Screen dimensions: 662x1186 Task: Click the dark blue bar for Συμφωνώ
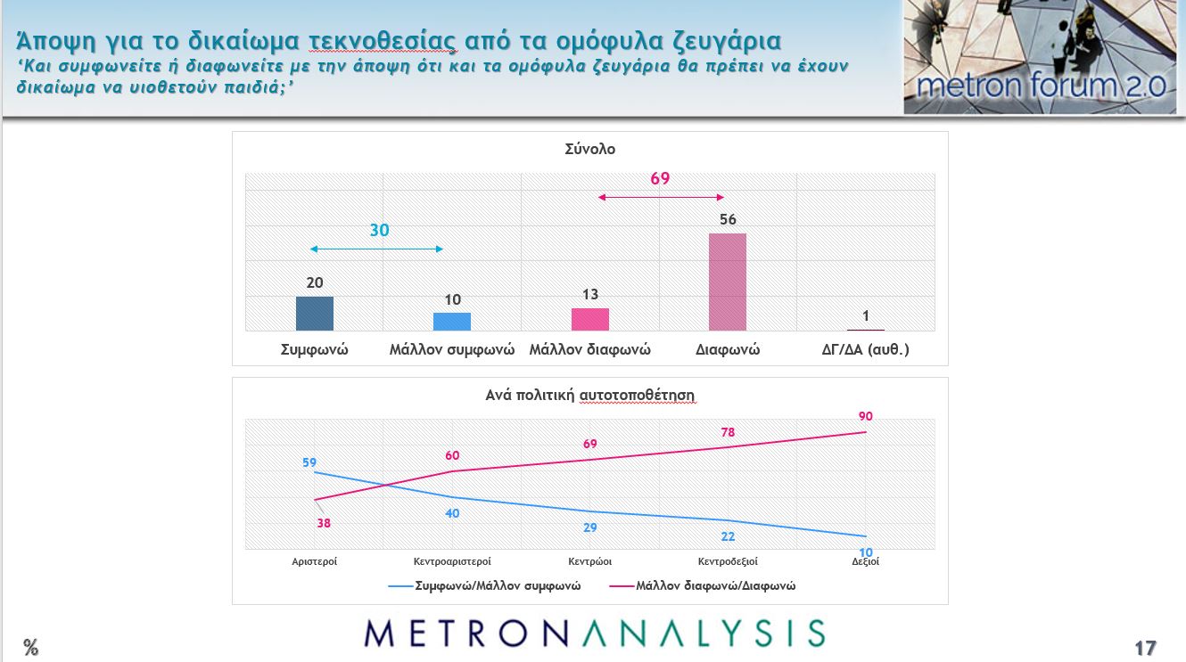(x=315, y=314)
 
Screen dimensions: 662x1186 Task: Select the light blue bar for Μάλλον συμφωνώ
(x=452, y=322)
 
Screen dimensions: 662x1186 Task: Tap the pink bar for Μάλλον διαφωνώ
(x=590, y=319)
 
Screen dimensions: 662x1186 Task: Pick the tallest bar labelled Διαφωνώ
(x=728, y=282)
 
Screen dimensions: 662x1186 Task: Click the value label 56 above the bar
(x=728, y=219)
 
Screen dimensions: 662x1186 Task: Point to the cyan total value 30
(x=380, y=231)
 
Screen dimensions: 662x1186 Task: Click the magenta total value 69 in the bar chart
(x=660, y=179)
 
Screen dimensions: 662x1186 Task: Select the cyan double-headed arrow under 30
(x=376, y=249)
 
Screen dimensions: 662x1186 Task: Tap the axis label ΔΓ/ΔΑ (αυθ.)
(x=865, y=350)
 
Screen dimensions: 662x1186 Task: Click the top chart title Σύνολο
(x=590, y=150)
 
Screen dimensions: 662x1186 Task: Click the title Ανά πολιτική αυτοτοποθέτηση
(x=589, y=395)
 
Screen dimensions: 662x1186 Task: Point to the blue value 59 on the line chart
(x=309, y=462)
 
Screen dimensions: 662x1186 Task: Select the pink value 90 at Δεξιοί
(x=866, y=416)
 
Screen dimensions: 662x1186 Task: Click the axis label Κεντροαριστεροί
(x=452, y=562)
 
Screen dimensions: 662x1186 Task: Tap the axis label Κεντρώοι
(x=590, y=562)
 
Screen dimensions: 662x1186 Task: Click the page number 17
(x=1145, y=648)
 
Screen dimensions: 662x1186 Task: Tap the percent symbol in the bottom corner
(x=31, y=648)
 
